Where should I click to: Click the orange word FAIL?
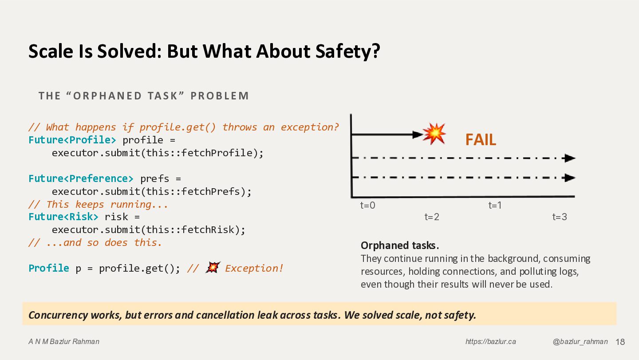tap(481, 140)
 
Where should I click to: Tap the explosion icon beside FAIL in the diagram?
tap(434, 134)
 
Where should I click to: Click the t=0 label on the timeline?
tap(368, 206)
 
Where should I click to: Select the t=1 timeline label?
tap(495, 206)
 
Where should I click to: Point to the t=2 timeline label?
tap(432, 217)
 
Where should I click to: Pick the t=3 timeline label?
tap(560, 217)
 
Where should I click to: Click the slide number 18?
tap(620, 342)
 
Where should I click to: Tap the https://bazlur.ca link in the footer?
tap(491, 341)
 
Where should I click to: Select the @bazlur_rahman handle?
tap(580, 341)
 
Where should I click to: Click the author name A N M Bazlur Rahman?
tap(64, 341)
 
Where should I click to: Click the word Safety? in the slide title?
tap(348, 51)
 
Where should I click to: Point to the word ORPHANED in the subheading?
tap(107, 96)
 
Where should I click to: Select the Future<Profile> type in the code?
tap(72, 140)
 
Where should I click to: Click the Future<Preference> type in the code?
tap(81, 178)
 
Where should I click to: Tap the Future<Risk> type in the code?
tap(63, 217)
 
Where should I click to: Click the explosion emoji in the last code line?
tap(213, 268)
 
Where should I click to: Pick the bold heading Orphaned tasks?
tap(400, 245)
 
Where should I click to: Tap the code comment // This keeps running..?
tap(99, 205)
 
